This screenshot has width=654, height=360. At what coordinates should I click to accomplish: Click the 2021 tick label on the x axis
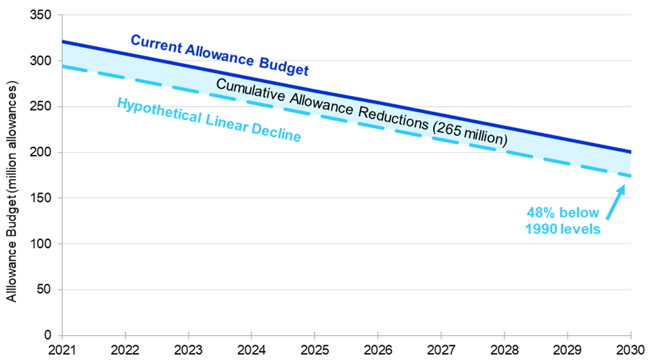click(x=62, y=349)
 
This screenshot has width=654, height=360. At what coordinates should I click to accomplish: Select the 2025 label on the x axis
click(x=315, y=349)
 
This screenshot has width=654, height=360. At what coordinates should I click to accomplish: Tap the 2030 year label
click(x=631, y=349)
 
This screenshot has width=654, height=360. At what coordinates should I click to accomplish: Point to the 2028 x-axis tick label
click(x=504, y=349)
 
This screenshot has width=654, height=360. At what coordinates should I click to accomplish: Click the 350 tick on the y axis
click(x=42, y=15)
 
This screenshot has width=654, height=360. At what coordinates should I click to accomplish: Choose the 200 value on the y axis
click(x=42, y=152)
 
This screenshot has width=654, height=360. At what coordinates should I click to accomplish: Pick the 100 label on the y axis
click(x=42, y=244)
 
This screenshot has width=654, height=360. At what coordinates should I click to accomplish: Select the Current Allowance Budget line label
click(x=219, y=54)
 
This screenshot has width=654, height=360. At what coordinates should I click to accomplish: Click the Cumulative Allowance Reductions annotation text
click(x=361, y=111)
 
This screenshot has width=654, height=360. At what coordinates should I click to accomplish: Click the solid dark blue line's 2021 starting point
click(x=62, y=42)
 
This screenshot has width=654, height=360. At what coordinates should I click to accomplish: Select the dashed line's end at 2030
click(x=630, y=176)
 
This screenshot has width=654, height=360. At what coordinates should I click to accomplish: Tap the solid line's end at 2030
click(x=630, y=152)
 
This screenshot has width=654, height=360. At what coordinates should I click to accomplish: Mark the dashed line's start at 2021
click(x=62, y=66)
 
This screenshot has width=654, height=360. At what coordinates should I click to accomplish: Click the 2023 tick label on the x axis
click(x=188, y=349)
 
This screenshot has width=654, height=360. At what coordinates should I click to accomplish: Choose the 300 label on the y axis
click(x=42, y=60)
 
